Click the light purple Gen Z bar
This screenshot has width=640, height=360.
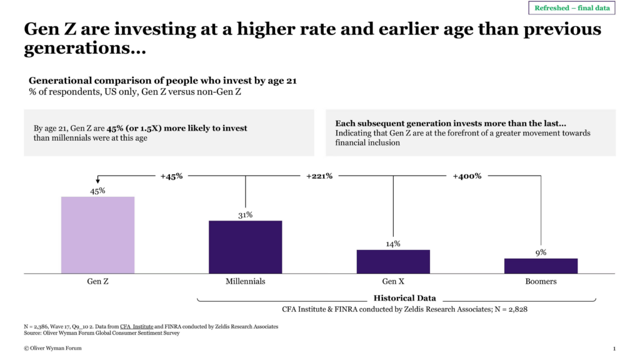point(97,235)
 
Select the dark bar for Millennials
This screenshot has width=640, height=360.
point(245,247)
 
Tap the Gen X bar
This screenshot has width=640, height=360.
point(393,261)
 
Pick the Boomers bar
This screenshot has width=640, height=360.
point(541,266)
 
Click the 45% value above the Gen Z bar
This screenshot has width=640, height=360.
point(97,191)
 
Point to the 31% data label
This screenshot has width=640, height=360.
point(245,215)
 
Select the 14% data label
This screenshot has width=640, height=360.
point(393,244)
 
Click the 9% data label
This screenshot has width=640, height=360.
point(541,252)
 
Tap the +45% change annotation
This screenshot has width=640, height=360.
point(171,176)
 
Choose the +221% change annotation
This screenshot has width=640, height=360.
point(319,176)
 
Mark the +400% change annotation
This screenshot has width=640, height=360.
point(467,176)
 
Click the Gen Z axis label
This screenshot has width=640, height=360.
point(97,281)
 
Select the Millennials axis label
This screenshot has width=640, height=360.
point(245,281)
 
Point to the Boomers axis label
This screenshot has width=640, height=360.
point(541,281)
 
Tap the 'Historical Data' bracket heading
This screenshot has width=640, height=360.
point(404,298)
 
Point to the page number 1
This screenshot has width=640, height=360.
point(614,348)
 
